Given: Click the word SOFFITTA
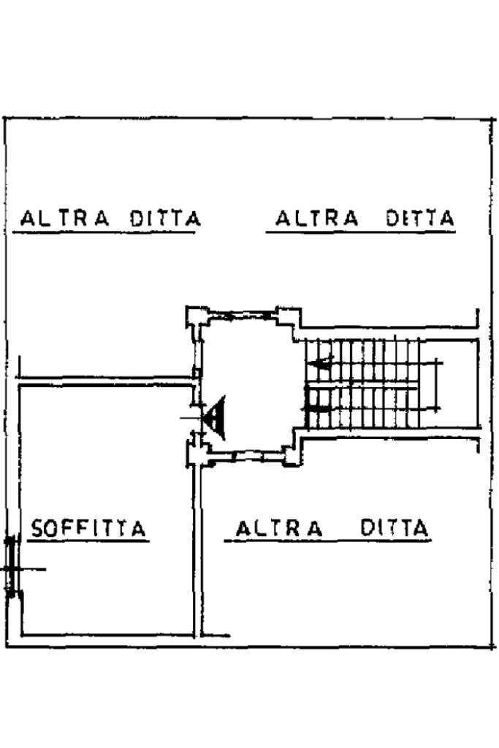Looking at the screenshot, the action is pos(88,528).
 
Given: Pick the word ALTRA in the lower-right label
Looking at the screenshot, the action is pos(280,529).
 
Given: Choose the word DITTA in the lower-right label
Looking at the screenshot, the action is pos(395,528).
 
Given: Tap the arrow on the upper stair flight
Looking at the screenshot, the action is pos(320,364).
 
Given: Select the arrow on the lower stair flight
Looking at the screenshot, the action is pos(318,409).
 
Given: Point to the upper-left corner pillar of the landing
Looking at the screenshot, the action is pos(197,317).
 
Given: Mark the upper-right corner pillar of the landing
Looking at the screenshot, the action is pos(289,317).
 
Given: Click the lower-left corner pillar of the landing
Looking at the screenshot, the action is pos(197,452).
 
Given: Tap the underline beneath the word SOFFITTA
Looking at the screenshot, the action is pos(88,541).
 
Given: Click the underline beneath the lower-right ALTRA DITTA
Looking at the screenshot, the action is pos(328,541).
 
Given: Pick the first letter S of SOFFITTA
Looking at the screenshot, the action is pos(38,529).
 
